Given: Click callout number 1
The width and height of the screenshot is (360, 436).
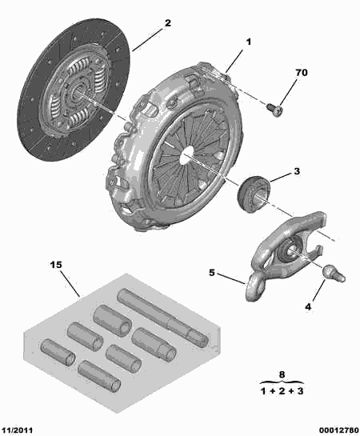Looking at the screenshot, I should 248,41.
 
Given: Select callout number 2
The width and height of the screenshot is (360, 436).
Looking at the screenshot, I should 167,24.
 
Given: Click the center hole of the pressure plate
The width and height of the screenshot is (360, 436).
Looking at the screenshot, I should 186,151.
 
